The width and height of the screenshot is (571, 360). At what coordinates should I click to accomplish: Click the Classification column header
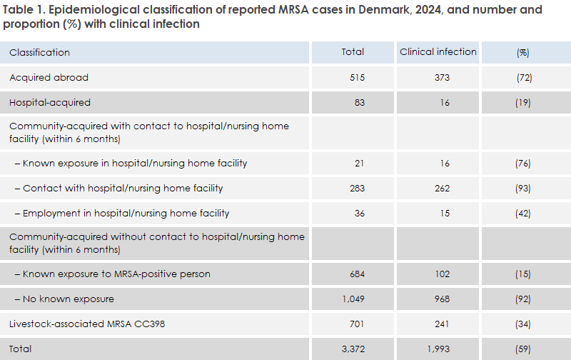click(39, 52)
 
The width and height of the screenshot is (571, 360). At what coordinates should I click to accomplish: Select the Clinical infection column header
click(438, 51)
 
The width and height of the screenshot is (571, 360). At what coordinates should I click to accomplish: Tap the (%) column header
click(522, 52)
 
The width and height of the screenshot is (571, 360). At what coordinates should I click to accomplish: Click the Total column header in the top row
click(353, 51)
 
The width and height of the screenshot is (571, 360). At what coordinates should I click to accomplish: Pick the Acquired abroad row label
click(49, 77)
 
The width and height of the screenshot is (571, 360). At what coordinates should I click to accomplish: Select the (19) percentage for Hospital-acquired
click(523, 102)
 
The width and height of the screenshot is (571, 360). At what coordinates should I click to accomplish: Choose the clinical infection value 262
click(445, 189)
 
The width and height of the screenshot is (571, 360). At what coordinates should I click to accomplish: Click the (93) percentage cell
click(523, 189)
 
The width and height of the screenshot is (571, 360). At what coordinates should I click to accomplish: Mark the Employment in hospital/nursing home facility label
click(126, 214)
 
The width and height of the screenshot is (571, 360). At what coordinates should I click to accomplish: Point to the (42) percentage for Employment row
click(523, 214)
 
